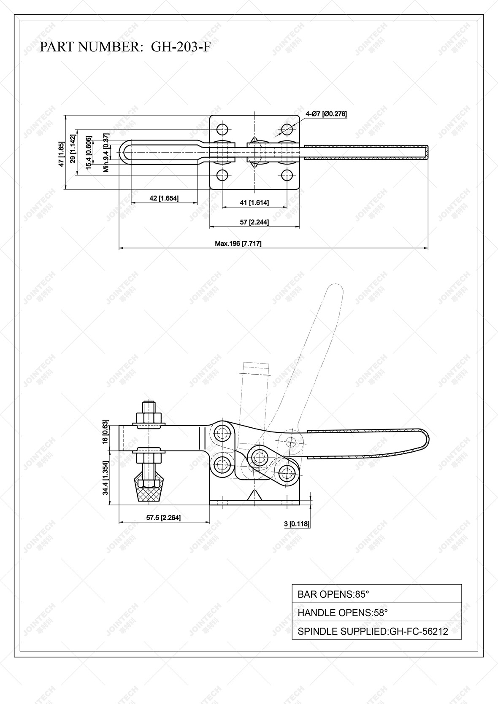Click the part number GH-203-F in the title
pos(180,46)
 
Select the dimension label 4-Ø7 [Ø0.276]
pos(326,113)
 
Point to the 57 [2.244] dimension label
pos(254,222)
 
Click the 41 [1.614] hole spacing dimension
pos(254,203)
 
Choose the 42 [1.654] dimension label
pos(164,198)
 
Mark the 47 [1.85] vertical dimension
pos(61,154)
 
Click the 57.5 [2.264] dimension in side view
pos(163,518)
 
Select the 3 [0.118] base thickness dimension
pos(297,524)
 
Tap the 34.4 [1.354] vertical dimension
pos(106,477)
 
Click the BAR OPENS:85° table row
pos(376,594)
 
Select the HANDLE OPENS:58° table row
pos(376,612)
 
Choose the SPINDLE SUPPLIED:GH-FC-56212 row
pos(376,631)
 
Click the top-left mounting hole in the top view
pos(222,128)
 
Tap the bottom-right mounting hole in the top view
pos(287,175)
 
